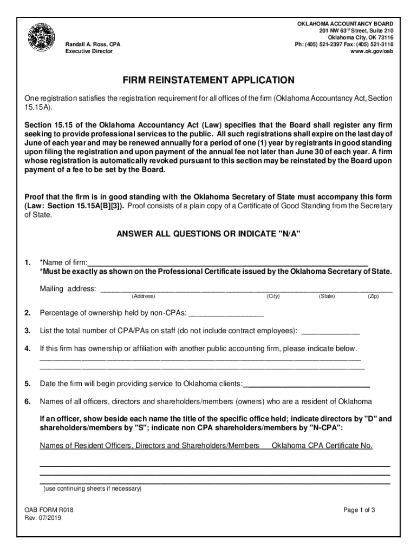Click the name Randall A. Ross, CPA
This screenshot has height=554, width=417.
[x=93, y=44]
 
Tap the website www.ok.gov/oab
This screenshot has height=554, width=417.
[x=372, y=51]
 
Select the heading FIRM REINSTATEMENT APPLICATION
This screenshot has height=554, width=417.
[x=209, y=81]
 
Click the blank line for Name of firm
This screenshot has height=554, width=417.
[x=227, y=263]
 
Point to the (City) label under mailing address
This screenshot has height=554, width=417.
[x=273, y=296]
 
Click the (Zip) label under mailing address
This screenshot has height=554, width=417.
[x=373, y=296]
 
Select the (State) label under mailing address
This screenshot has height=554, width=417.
[x=327, y=296]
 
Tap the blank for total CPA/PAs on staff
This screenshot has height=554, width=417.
[x=330, y=331]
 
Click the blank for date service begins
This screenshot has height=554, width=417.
[x=307, y=384]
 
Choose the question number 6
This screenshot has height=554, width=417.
[x=27, y=401]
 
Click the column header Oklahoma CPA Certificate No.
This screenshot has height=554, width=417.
[x=322, y=446]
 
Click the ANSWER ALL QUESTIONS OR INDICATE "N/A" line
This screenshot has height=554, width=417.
[x=208, y=234]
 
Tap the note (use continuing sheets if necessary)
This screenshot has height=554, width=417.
[x=92, y=489]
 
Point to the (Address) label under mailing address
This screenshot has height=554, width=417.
[x=143, y=296]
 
